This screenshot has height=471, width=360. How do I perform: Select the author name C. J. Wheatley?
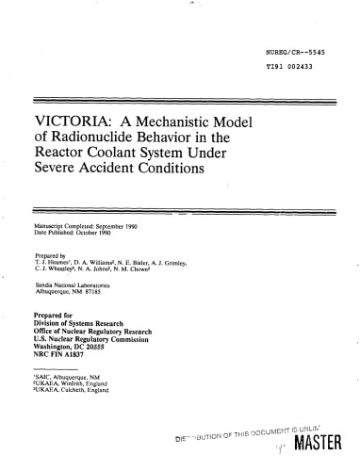pyautogui.click(x=55, y=267)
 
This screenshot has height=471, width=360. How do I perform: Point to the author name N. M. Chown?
pyautogui.click(x=139, y=267)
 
